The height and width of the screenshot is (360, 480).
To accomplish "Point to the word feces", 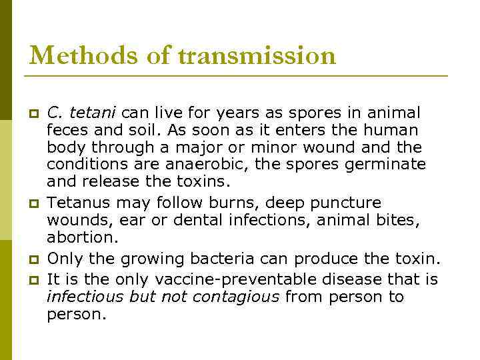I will pos(65,129).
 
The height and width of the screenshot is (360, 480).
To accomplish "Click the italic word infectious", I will pos(85,297).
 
